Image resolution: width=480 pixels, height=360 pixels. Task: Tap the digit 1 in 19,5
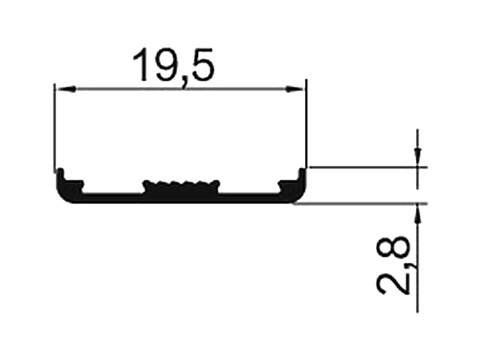[140, 65]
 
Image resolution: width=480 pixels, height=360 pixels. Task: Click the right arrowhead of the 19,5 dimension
[294, 89]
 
